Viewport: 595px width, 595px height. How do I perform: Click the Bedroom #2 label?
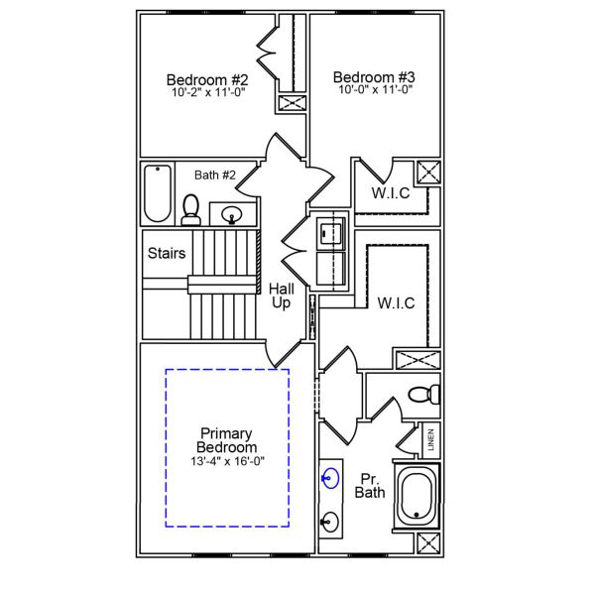pyautogui.click(x=206, y=78)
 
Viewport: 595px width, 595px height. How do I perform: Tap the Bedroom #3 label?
pyautogui.click(x=373, y=76)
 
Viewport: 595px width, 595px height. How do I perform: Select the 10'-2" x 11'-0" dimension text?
pyautogui.click(x=206, y=91)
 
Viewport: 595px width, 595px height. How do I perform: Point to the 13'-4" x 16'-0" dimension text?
pyautogui.click(x=226, y=461)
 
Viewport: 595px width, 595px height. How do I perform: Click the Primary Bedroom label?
pyautogui.click(x=226, y=440)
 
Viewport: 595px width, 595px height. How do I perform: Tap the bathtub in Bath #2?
pyautogui.click(x=158, y=193)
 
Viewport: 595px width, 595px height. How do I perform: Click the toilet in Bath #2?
pyautogui.click(x=191, y=209)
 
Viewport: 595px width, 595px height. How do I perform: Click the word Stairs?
pyautogui.click(x=166, y=253)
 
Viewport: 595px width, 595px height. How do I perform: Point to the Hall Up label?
pyautogui.click(x=282, y=296)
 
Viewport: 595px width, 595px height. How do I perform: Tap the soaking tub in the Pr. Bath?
pyautogui.click(x=416, y=496)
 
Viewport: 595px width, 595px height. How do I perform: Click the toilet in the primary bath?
pyautogui.click(x=422, y=394)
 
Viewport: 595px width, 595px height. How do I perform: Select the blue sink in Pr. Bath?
pyautogui.click(x=328, y=477)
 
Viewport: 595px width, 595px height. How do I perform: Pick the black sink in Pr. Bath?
pyautogui.click(x=328, y=520)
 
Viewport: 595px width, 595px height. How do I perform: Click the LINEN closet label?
pyautogui.click(x=431, y=440)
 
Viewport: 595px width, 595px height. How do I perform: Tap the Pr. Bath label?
pyautogui.click(x=370, y=484)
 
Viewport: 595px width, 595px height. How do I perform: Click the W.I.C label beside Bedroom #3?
pyautogui.click(x=391, y=192)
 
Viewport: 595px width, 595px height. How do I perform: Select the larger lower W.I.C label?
pyautogui.click(x=396, y=302)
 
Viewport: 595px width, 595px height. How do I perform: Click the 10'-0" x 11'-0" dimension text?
pyautogui.click(x=373, y=89)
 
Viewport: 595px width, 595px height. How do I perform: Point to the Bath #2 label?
pyautogui.click(x=214, y=176)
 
